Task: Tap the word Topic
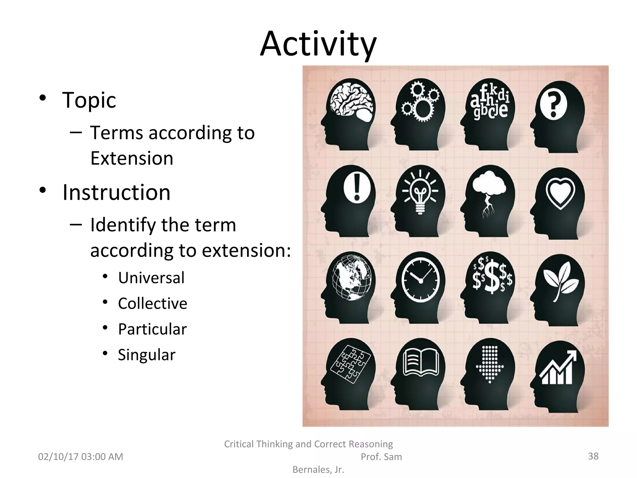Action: click(x=89, y=100)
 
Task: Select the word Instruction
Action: click(x=116, y=192)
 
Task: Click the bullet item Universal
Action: click(x=151, y=278)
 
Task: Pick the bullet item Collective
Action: click(x=152, y=303)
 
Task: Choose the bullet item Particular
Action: click(x=152, y=329)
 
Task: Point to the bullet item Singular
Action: click(x=146, y=355)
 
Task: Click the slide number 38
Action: click(x=593, y=456)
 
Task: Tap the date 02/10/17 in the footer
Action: click(x=58, y=457)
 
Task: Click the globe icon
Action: click(x=352, y=278)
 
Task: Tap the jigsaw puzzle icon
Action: click(x=350, y=364)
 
